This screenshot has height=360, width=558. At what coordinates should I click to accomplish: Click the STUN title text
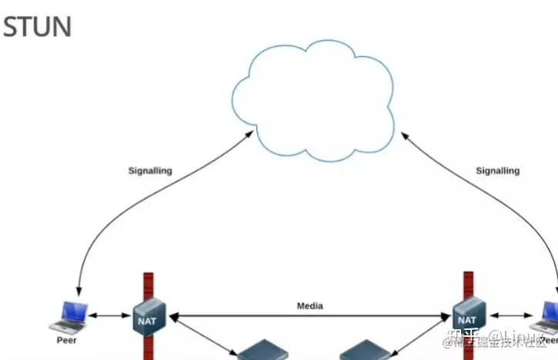pos(38,26)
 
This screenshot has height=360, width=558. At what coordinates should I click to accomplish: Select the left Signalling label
pos(150,171)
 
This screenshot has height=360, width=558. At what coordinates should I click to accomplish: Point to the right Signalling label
pos(497,171)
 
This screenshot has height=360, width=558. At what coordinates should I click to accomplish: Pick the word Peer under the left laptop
pos(67,340)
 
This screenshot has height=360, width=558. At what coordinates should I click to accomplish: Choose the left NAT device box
pos(146,318)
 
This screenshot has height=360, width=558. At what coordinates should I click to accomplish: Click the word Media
pos(310,306)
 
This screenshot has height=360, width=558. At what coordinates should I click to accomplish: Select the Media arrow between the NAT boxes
pos(310,315)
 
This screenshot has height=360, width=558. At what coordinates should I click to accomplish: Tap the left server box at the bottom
pos(262,352)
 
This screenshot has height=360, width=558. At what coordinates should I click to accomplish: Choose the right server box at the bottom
pos(366,352)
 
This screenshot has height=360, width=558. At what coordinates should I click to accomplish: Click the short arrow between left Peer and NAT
pos(112,315)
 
